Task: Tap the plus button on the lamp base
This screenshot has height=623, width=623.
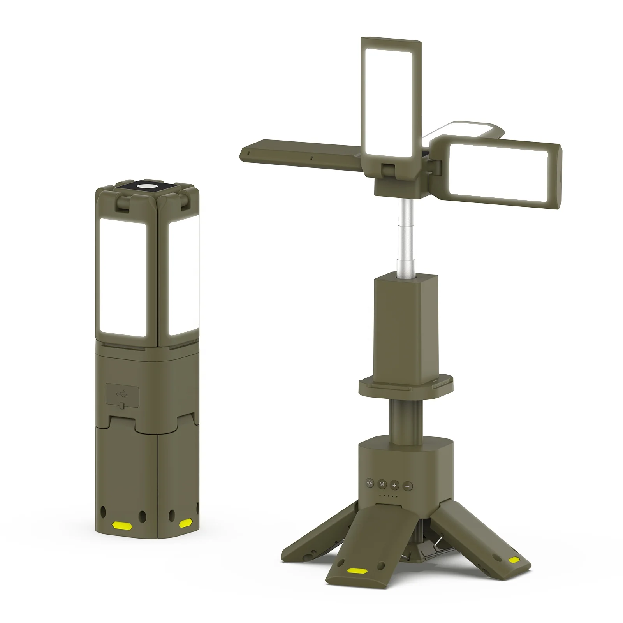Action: tap(395, 485)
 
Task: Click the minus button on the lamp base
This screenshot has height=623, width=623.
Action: tap(408, 486)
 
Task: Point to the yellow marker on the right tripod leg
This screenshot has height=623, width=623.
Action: tap(515, 560)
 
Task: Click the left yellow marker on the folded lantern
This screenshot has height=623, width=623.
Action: tap(121, 525)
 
